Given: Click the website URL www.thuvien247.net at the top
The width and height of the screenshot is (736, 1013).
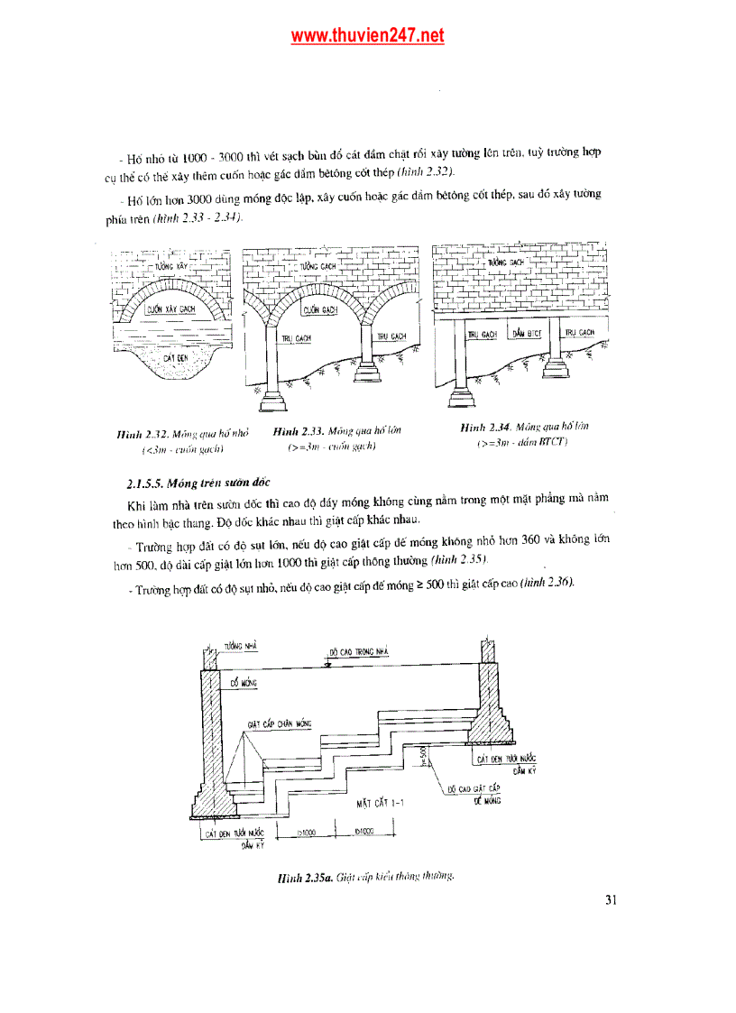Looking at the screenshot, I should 367,36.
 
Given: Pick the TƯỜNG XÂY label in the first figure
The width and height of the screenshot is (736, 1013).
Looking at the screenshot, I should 170,268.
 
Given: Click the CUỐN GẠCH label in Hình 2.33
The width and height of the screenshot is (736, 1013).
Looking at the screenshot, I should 320,309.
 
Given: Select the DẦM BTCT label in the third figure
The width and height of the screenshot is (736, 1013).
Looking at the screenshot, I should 526,334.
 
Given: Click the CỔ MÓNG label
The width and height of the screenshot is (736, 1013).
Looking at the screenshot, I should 244,684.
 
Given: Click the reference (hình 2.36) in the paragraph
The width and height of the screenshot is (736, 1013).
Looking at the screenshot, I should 547,582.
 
